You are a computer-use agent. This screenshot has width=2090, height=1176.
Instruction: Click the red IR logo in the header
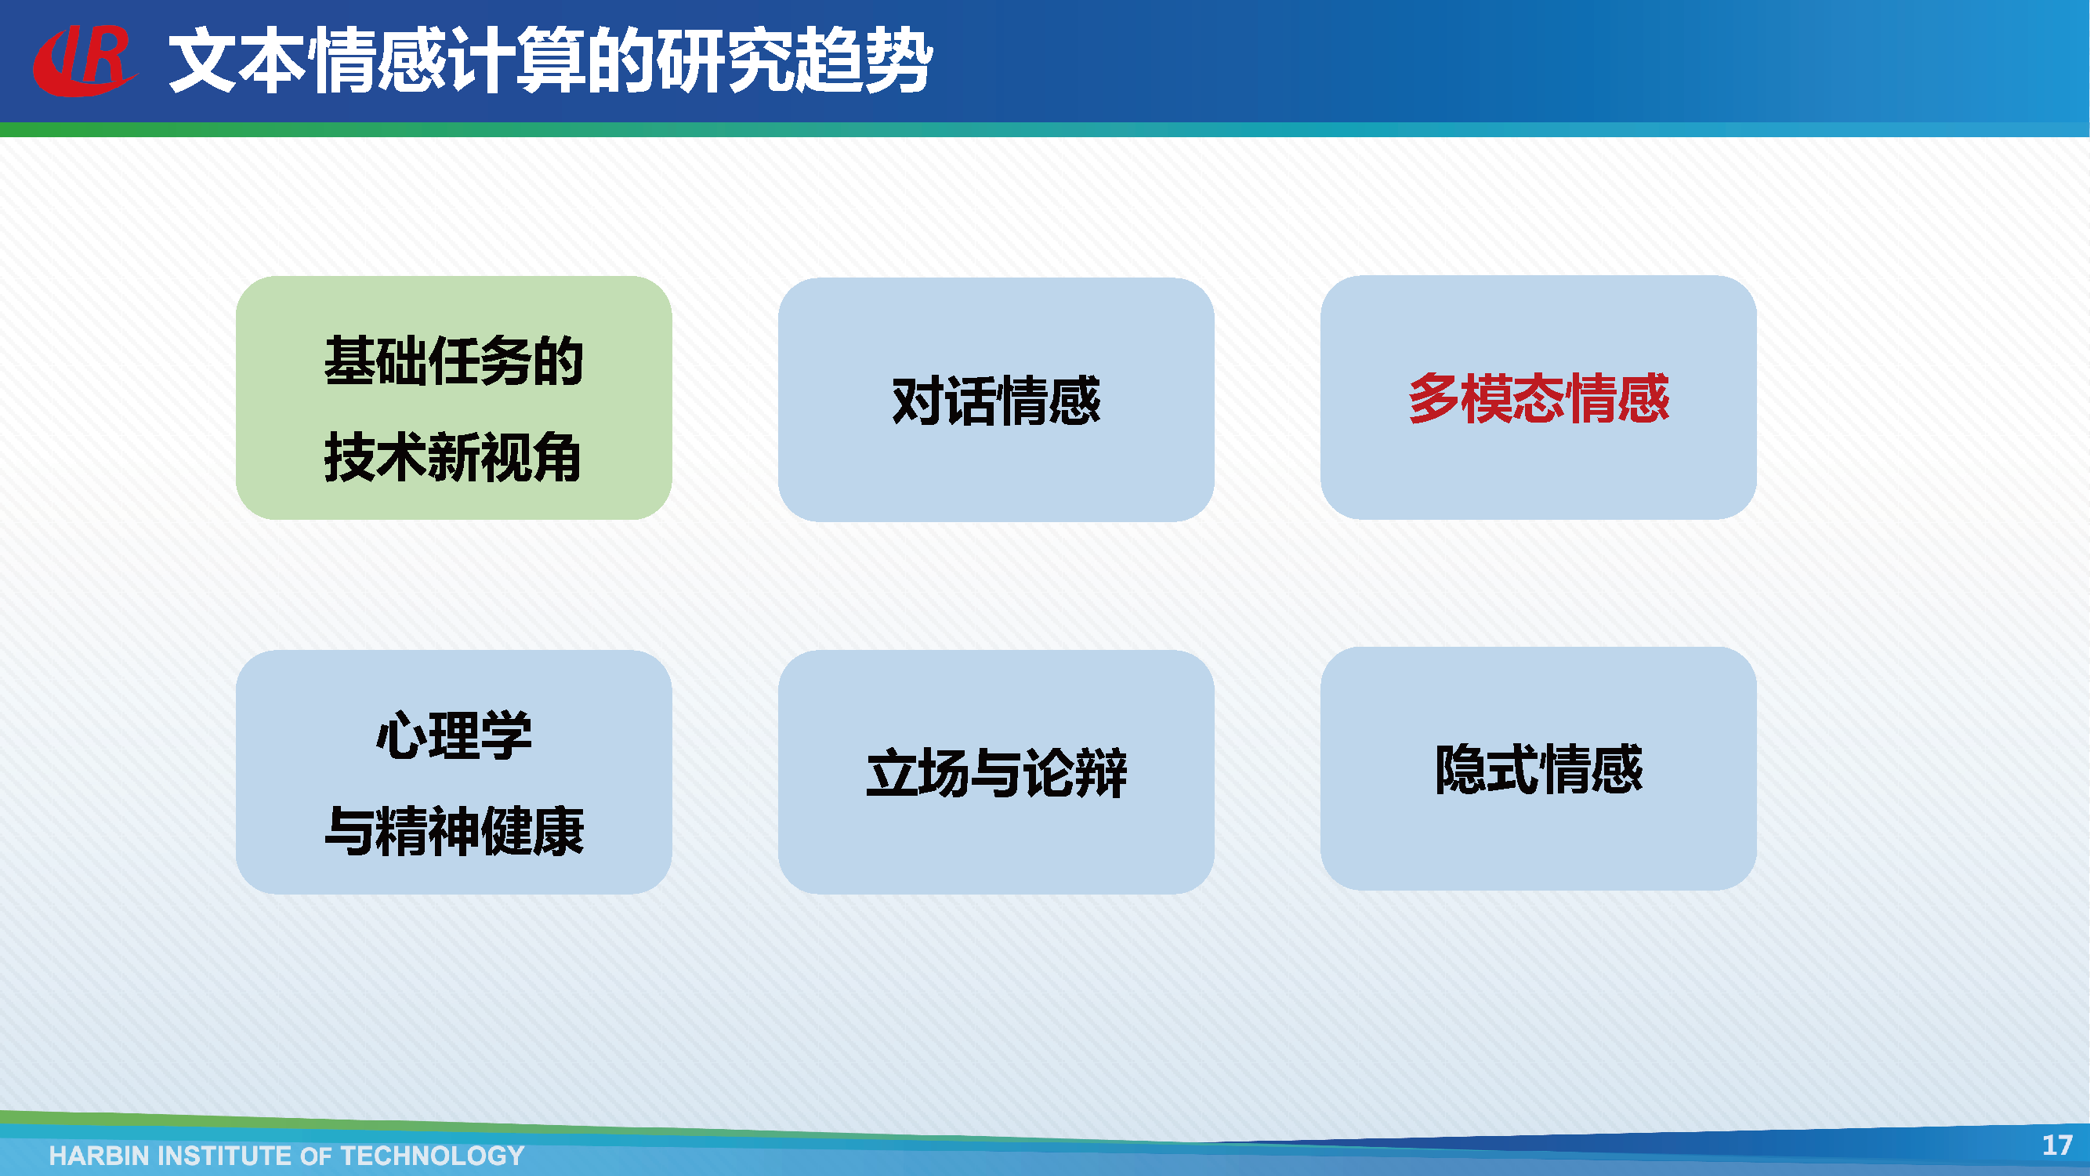click(x=84, y=60)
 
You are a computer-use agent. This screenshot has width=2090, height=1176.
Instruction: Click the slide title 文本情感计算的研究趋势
click(x=551, y=60)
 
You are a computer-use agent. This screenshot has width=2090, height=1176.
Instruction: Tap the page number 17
click(x=2057, y=1145)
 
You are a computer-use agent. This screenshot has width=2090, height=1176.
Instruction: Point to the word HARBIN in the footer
click(x=98, y=1155)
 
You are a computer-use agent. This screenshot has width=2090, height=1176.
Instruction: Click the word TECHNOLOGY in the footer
click(x=433, y=1155)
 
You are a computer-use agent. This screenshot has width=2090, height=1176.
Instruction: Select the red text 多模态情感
click(x=1538, y=397)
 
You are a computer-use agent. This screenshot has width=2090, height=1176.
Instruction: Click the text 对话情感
click(x=995, y=400)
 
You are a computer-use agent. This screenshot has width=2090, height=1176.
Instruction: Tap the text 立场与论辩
click(x=995, y=771)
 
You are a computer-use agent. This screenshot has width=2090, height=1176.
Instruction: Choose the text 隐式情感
click(x=1538, y=768)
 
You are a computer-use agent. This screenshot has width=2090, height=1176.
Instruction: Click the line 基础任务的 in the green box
click(x=454, y=361)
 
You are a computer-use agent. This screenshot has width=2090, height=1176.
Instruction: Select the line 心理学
click(x=454, y=735)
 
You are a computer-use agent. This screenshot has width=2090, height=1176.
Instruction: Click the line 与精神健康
click(x=454, y=831)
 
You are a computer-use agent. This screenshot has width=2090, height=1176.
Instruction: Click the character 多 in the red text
click(x=1433, y=397)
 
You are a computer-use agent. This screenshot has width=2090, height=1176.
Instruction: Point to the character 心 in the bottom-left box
click(x=400, y=735)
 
